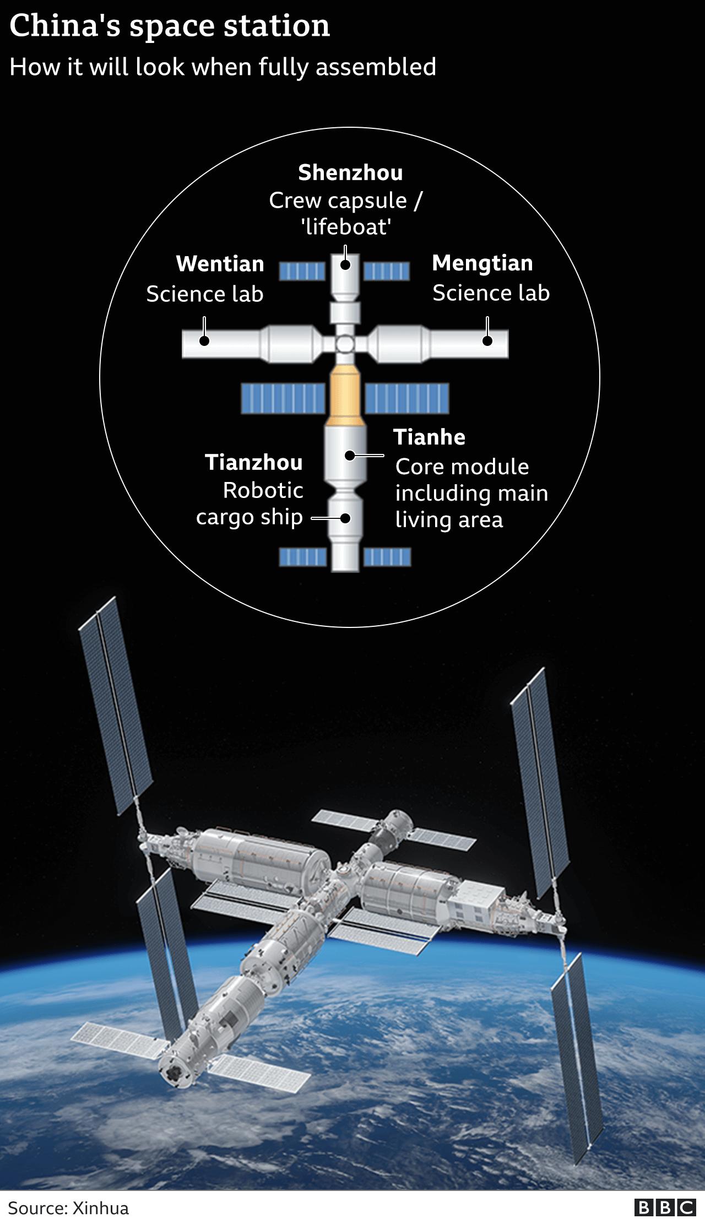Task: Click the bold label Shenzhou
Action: click(350, 173)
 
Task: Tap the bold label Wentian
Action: click(220, 264)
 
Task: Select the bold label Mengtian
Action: click(482, 263)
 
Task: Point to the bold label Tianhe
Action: click(429, 437)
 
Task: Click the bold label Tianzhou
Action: click(253, 463)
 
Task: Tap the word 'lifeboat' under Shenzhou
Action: click(346, 227)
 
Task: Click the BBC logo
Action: click(665, 1207)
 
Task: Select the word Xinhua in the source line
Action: click(100, 1208)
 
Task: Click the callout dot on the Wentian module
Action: click(204, 341)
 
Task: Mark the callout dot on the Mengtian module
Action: click(487, 341)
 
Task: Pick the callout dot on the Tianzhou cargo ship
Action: click(345, 518)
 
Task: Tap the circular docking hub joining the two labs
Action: click(345, 345)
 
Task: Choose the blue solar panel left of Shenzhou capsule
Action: click(302, 271)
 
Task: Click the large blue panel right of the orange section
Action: click(406, 398)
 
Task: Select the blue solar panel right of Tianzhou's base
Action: click(387, 557)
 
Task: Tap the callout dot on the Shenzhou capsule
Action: click(345, 264)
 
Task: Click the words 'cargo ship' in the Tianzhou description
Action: click(249, 517)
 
